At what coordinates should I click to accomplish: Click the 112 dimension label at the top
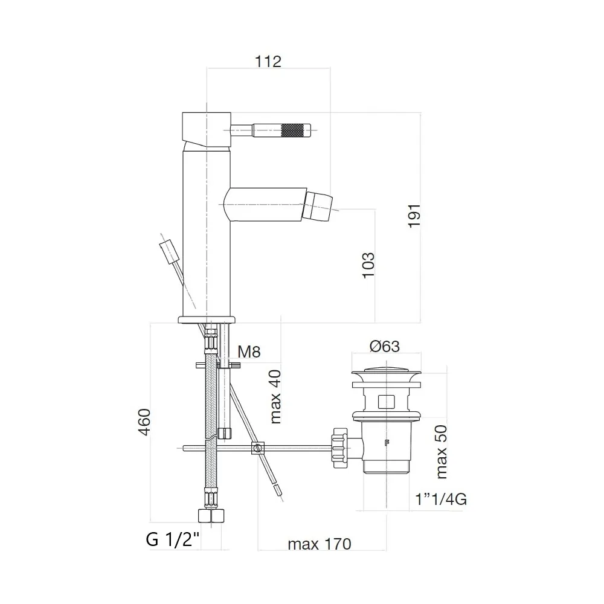pos(268,61)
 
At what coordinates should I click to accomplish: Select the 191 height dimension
pos(414,215)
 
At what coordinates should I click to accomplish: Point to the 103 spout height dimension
pos(368,265)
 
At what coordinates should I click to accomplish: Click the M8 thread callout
pos(249,352)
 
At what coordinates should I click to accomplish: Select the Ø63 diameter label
pos(384,346)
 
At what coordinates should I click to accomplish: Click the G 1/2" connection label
pos(173,539)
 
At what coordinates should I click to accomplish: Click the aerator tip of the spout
pos(321,206)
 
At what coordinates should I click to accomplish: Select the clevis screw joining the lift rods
pos(258,448)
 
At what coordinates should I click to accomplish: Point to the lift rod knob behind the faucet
pos(166,250)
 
